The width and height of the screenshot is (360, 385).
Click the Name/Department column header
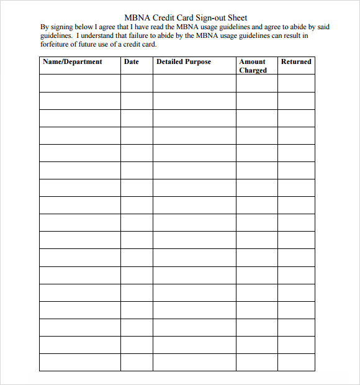pos(72,62)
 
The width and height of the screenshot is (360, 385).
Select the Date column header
pos(132,62)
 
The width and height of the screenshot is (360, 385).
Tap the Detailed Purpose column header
pos(184,62)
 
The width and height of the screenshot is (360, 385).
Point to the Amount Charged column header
pos(253,66)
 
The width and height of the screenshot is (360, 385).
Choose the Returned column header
pos(296,62)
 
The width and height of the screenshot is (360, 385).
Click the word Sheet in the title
pos(236,18)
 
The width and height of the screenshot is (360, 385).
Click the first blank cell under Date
pos(137,83)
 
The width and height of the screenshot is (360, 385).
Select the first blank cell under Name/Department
pos(80,83)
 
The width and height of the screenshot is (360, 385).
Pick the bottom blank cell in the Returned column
pos(296,363)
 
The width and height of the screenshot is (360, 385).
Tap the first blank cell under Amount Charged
pos(256,83)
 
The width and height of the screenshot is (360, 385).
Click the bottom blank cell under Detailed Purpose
pos(194,363)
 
